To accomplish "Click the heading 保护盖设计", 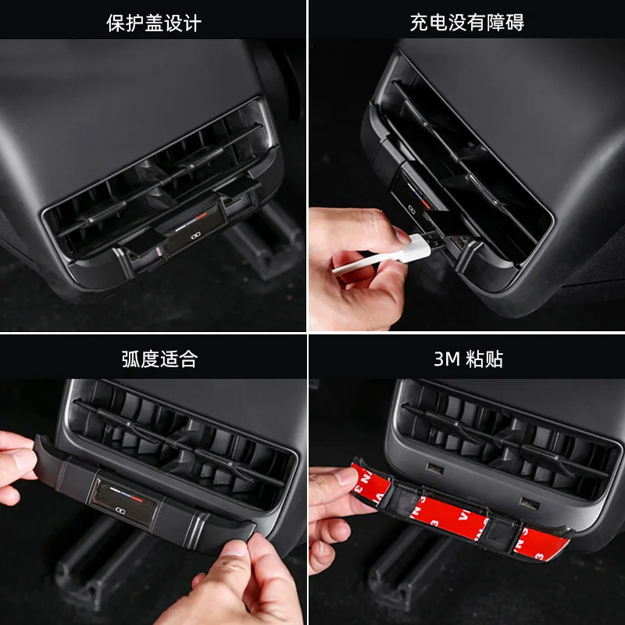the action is pyautogui.click(x=154, y=23).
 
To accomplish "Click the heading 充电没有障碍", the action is pyautogui.click(x=467, y=22).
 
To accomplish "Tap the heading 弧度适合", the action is pyautogui.click(x=159, y=359).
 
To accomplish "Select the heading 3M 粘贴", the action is pyautogui.click(x=468, y=359).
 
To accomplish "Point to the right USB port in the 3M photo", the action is pyautogui.click(x=530, y=504).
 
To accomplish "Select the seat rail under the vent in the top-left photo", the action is pyautogui.click(x=263, y=239).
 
